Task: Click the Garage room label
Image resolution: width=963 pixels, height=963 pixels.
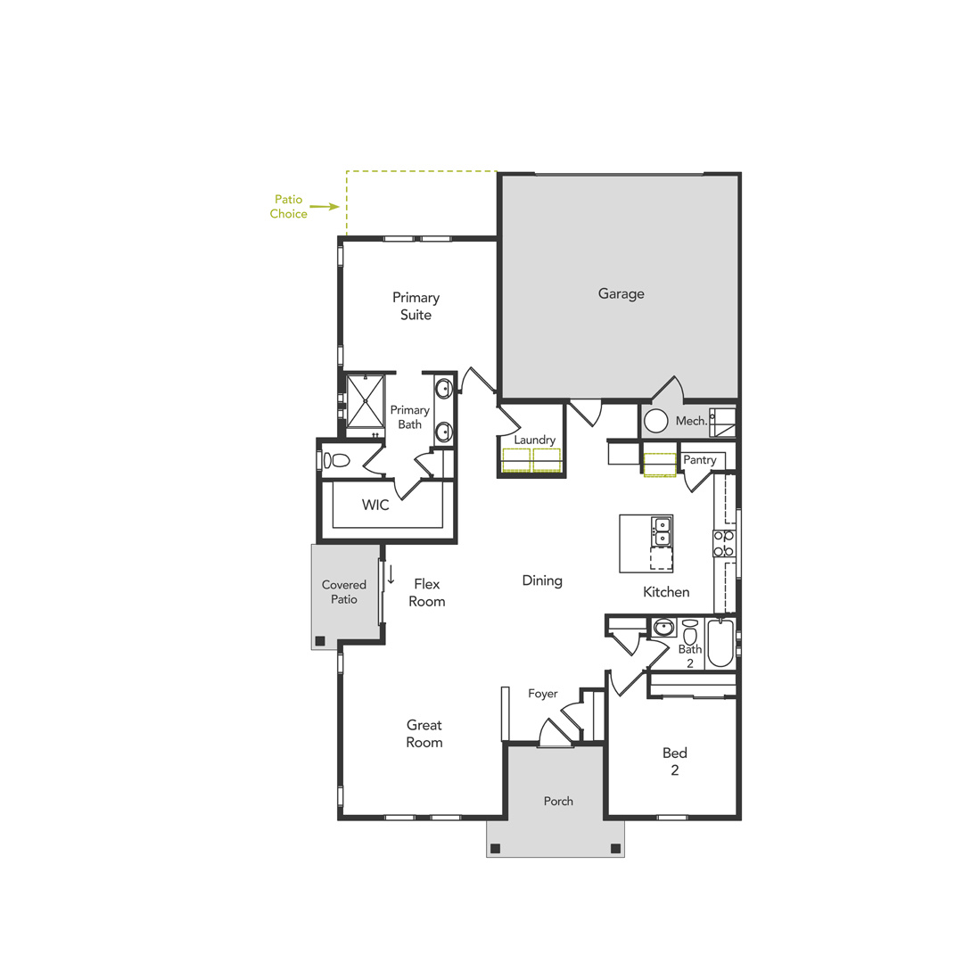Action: [621, 293]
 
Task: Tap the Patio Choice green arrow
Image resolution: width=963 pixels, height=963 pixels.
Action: [325, 206]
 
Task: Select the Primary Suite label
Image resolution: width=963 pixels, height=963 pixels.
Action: [416, 306]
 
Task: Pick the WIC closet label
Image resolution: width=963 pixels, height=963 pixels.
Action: [375, 505]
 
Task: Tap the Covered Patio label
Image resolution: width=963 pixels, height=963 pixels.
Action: [344, 592]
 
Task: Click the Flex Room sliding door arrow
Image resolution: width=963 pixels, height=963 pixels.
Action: [391, 575]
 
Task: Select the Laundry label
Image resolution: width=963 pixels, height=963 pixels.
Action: [534, 440]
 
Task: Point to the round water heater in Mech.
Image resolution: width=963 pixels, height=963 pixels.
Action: [656, 422]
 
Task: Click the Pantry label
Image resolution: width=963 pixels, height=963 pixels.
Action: [700, 460]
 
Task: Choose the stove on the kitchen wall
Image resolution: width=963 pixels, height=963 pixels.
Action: [724, 543]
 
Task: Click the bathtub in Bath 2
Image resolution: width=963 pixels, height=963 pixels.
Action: [720, 644]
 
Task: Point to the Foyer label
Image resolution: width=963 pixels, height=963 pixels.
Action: [542, 694]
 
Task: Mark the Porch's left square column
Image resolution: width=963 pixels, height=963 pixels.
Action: [496, 847]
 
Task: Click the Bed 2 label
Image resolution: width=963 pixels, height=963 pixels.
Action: [674, 761]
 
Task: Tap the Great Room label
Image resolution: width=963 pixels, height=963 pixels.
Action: [424, 733]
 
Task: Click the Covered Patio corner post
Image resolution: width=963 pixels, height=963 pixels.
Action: [319, 639]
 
